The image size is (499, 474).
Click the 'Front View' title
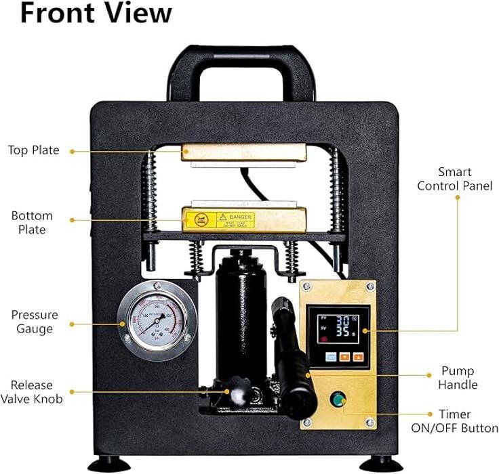point(96,14)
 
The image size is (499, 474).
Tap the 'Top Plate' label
point(33,150)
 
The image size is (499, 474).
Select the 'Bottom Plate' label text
point(32,223)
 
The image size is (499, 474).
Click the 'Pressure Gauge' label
point(34,322)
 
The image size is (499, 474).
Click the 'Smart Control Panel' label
point(454,179)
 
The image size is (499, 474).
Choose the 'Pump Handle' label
point(458,378)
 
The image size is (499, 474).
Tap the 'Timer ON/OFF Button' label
point(454,421)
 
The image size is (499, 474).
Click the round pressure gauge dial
point(157,321)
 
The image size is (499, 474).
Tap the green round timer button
point(336,400)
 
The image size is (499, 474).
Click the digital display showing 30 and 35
point(337,326)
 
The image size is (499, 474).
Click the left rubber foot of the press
point(110,465)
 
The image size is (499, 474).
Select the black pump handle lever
point(292,359)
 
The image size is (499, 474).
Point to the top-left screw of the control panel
point(307,288)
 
